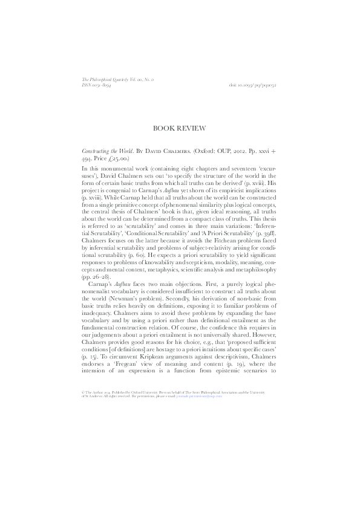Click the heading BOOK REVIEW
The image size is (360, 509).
(180, 128)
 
